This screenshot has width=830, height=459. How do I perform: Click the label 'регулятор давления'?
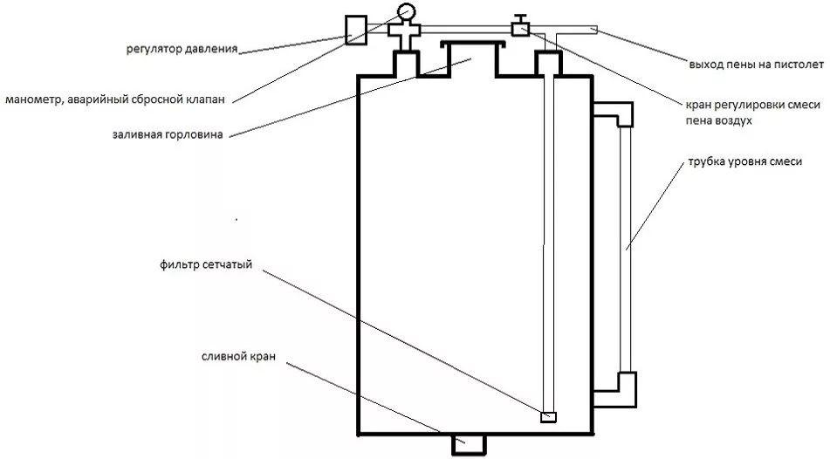(182, 49)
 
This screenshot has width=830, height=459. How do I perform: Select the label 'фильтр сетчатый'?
(206, 265)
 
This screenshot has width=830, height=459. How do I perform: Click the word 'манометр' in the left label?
(32, 99)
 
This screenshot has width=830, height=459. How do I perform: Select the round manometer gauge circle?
(406, 11)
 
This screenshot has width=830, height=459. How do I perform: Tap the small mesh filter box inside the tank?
(548, 416)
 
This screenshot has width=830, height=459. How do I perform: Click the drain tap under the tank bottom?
(467, 445)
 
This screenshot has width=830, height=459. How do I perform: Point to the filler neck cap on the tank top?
(473, 44)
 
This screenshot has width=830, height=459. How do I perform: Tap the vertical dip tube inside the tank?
(547, 244)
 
